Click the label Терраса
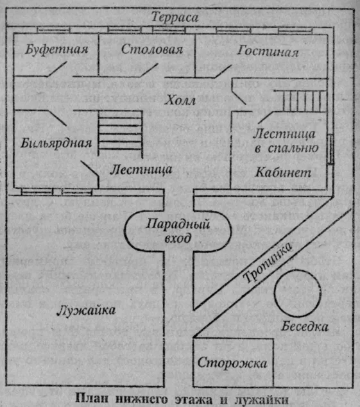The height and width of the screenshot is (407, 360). (175, 17)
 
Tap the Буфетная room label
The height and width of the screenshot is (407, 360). (56, 49)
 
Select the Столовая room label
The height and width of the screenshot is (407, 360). (152, 49)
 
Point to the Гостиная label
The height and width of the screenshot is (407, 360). (268, 51)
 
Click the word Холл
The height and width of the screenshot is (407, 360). (180, 100)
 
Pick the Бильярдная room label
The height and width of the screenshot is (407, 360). (56, 143)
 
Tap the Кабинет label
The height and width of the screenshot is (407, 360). (283, 172)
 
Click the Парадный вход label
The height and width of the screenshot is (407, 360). (178, 231)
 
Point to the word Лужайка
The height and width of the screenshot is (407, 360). (86, 310)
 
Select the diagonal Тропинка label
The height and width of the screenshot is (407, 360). (268, 262)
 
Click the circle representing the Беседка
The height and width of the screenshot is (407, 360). (297, 270)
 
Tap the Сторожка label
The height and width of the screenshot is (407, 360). (232, 363)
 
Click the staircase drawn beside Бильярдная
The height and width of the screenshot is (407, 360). (121, 133)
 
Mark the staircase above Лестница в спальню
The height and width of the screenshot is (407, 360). (300, 101)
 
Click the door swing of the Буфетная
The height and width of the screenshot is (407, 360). (57, 69)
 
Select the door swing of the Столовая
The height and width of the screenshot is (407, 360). (150, 70)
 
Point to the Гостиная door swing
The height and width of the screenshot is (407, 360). (223, 71)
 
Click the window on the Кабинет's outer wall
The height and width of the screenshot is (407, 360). (330, 149)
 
